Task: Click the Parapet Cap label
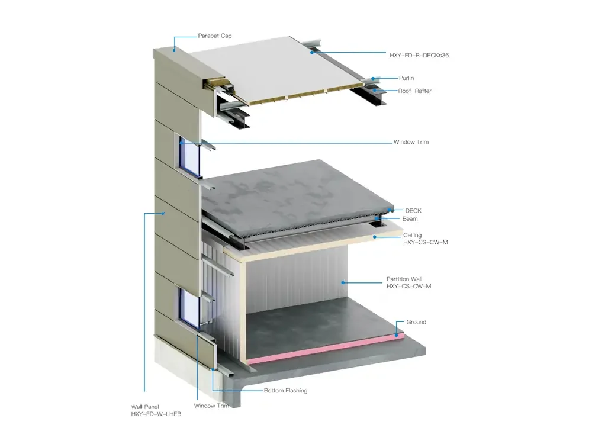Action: (x=215, y=36)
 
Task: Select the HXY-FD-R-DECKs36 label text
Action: (x=419, y=55)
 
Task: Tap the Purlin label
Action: (x=406, y=78)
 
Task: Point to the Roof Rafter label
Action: (x=414, y=91)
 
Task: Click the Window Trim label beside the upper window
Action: (x=411, y=142)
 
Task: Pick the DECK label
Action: (x=413, y=211)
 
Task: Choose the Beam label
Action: (x=410, y=219)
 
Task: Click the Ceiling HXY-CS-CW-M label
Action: (x=426, y=239)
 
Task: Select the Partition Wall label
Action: (x=408, y=282)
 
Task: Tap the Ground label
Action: (x=416, y=322)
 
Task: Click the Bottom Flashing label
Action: (x=285, y=390)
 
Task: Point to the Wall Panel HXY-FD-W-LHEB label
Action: (x=156, y=410)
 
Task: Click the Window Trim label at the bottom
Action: (x=211, y=406)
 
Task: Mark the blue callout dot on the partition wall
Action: (x=343, y=282)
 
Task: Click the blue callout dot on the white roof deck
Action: (x=312, y=53)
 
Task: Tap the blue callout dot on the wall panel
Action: (x=163, y=213)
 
